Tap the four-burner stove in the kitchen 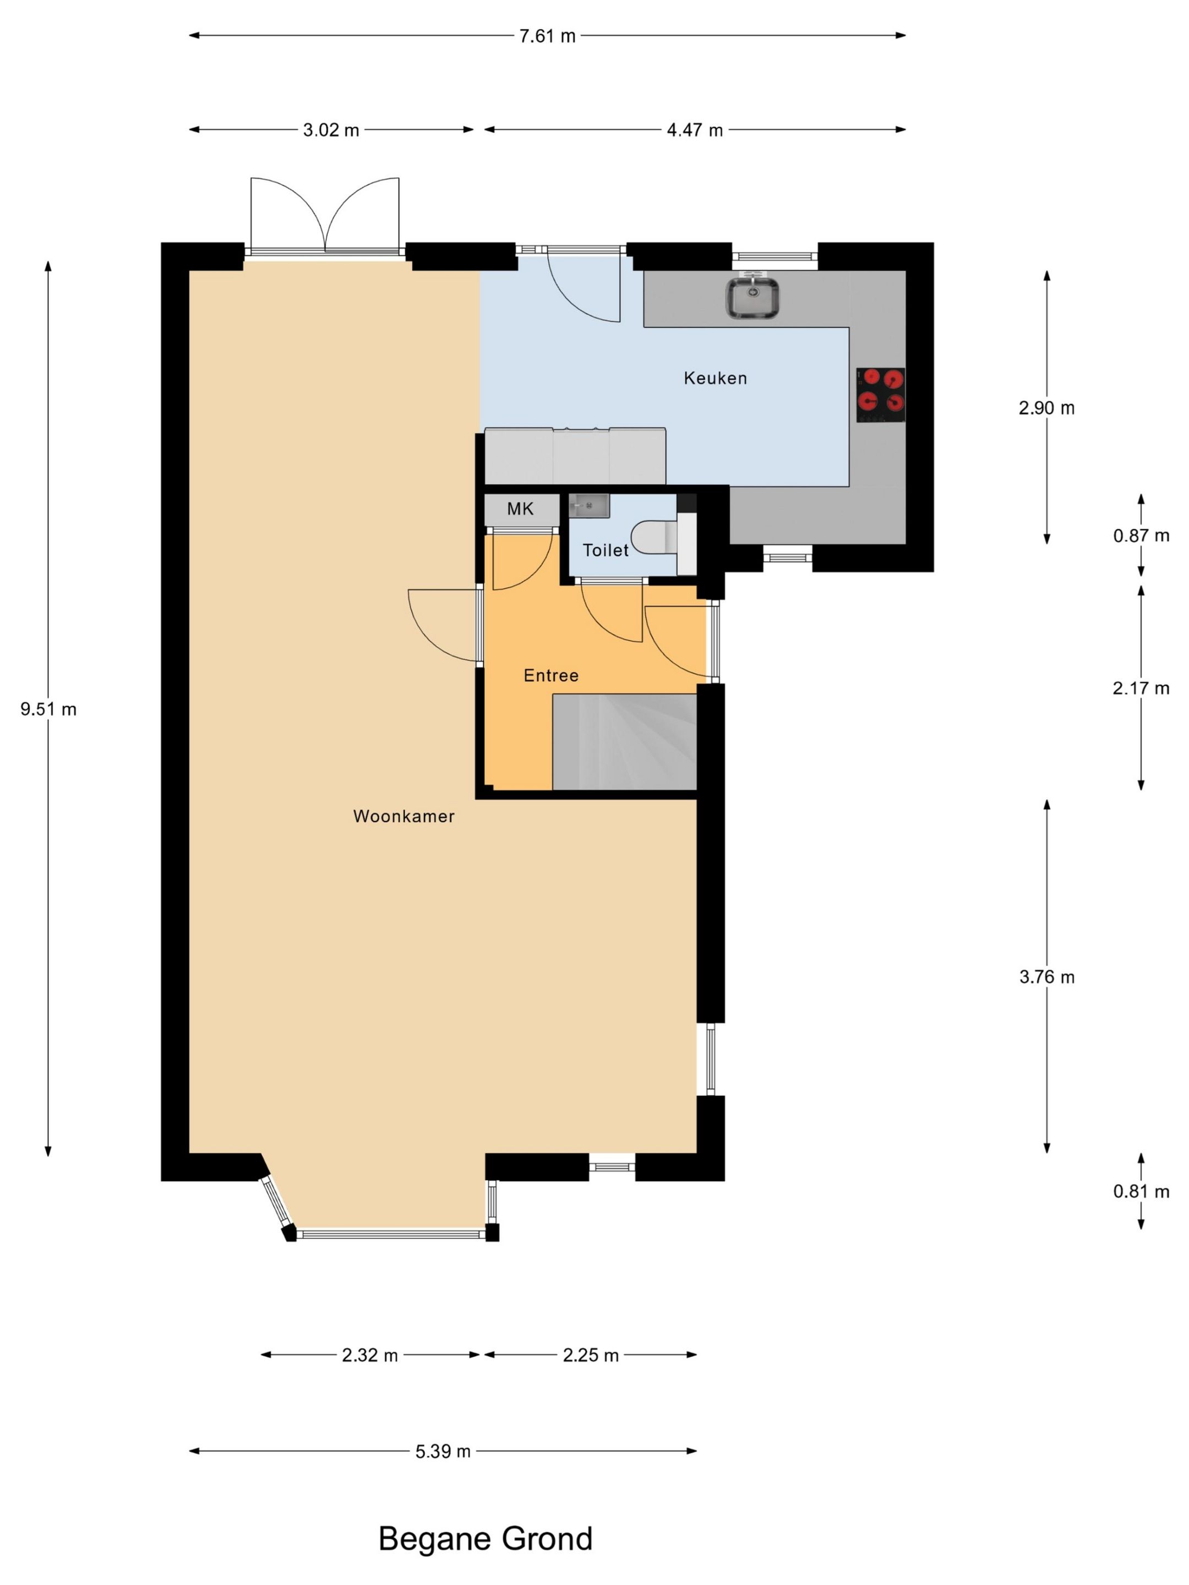880,394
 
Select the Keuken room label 715,378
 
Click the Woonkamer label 403,816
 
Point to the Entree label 550,675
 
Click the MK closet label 520,509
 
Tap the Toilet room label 606,550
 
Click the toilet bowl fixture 653,537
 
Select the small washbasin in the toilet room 588,505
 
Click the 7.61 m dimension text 548,36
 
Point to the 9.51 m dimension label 48,709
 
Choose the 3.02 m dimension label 331,130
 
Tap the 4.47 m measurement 695,130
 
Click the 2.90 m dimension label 1046,408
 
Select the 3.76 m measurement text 1046,977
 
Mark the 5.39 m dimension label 443,1451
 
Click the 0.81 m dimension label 1141,1191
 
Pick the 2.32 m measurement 370,1355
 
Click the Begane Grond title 485,1538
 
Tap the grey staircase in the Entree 624,742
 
